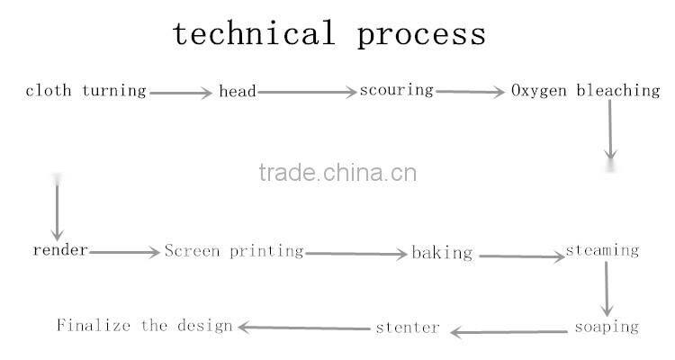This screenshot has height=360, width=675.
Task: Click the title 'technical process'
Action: [329, 34]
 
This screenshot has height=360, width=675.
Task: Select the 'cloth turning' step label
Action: [85, 91]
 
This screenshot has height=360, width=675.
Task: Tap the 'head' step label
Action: [238, 91]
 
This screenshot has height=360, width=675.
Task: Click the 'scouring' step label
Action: [397, 90]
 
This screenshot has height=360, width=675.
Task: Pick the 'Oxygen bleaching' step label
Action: [585, 91]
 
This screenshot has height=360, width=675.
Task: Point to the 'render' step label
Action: [60, 250]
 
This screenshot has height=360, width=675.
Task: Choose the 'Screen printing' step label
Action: [234, 251]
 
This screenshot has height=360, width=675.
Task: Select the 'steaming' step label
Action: [602, 250]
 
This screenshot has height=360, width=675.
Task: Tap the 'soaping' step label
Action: [607, 326]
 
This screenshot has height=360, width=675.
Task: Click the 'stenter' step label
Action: [407, 327]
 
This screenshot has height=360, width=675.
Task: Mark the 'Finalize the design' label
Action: [145, 325]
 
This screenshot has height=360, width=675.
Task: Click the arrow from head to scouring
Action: [307, 92]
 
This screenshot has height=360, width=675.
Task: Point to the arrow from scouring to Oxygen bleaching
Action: [471, 92]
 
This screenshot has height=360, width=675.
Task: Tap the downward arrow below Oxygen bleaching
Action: [610, 130]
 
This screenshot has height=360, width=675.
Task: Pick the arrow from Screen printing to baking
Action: [356, 255]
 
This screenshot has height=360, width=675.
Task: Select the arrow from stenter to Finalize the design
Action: [304, 328]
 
